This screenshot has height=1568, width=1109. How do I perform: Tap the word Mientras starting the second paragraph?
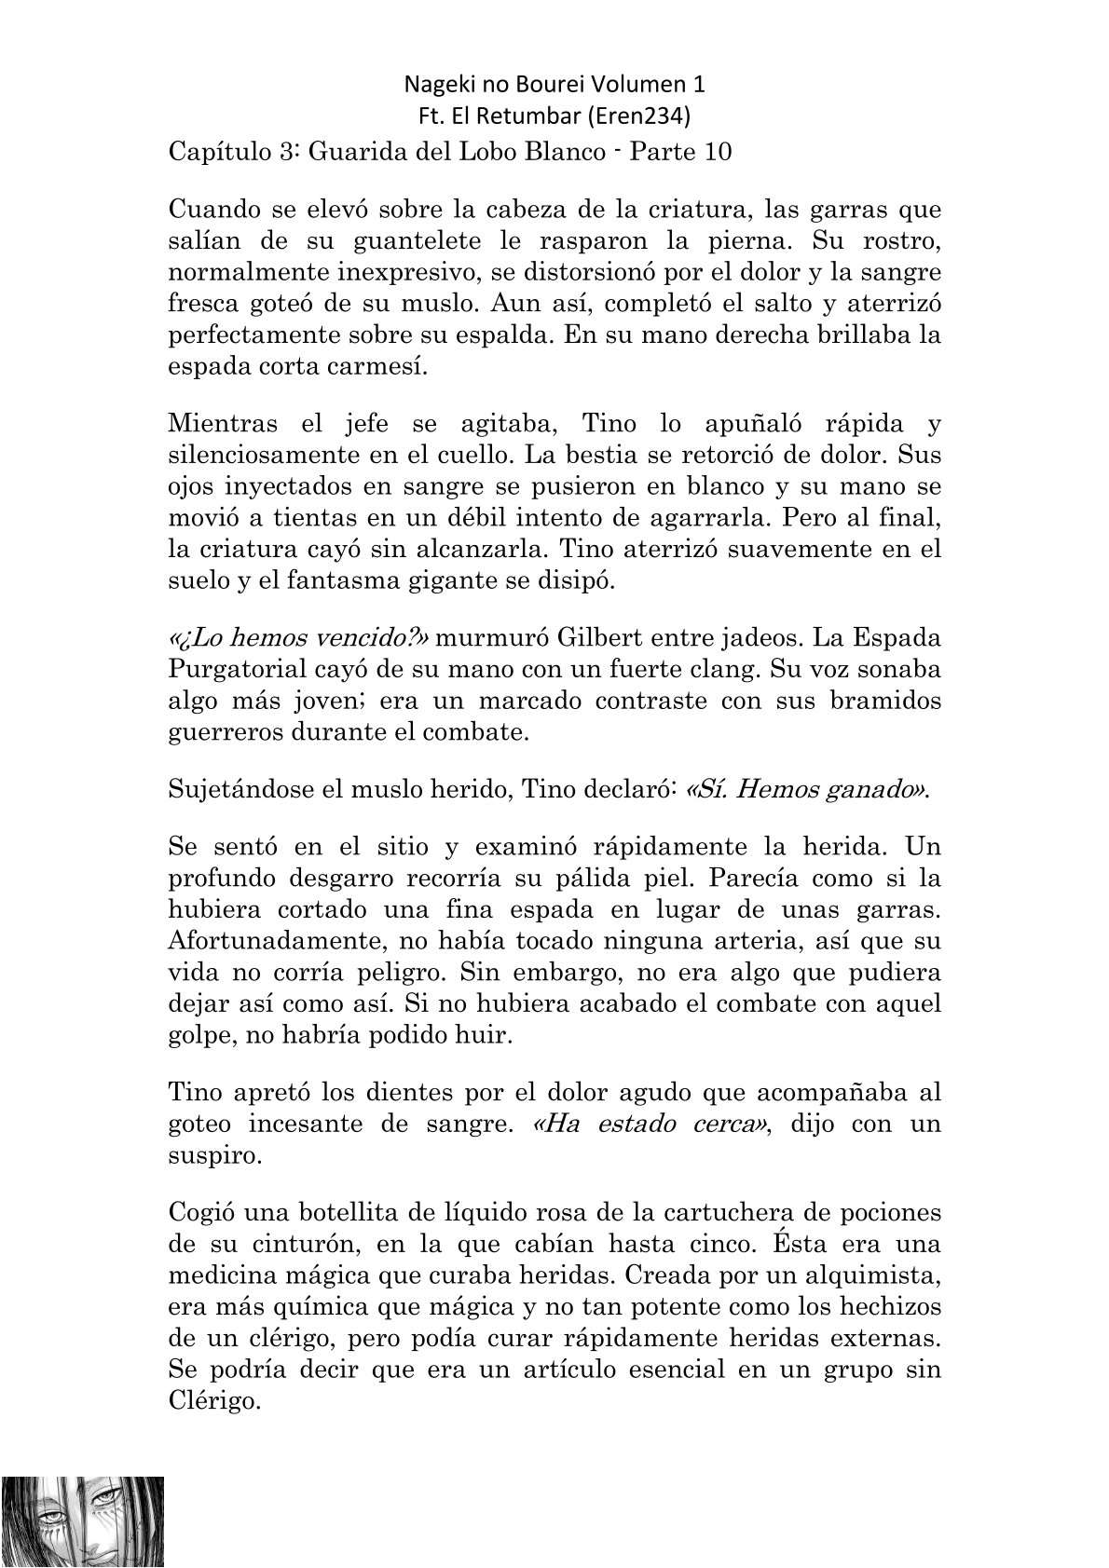(223, 424)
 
